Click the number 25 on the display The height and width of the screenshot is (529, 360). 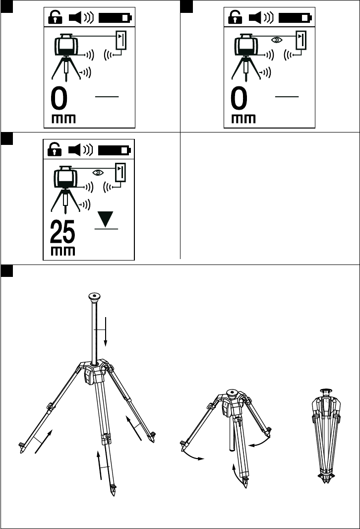click(63, 231)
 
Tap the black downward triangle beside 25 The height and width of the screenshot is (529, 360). click(106, 218)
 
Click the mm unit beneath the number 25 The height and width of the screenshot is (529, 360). click(63, 251)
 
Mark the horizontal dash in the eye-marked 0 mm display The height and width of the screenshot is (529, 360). click(288, 96)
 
